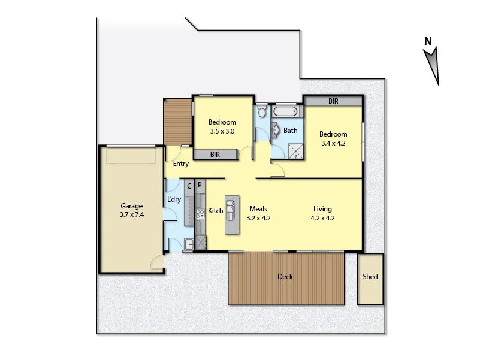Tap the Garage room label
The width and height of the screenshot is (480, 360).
coord(132,206)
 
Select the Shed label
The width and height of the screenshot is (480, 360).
coord(370,277)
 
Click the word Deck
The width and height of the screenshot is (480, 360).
coord(285,277)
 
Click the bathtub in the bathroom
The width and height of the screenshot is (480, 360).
coord(285,112)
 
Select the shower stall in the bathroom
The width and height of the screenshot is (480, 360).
coord(295,150)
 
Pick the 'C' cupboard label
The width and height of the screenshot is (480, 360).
coord(189,186)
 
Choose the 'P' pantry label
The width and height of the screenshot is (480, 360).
coord(200,186)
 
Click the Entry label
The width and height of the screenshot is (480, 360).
coord(180,164)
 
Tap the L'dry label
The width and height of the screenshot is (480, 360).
coord(174,199)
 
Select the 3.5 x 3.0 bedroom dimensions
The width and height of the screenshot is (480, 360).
coord(222,131)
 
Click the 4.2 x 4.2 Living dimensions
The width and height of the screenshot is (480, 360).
coord(322,218)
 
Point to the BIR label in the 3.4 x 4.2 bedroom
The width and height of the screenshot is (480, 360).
coord(333,102)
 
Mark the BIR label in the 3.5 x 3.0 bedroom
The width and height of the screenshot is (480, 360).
coord(215,155)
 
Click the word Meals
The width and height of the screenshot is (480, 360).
coord(258,209)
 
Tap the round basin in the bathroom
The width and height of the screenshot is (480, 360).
coord(276,130)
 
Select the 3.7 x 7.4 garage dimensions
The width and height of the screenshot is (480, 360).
coord(132,214)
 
